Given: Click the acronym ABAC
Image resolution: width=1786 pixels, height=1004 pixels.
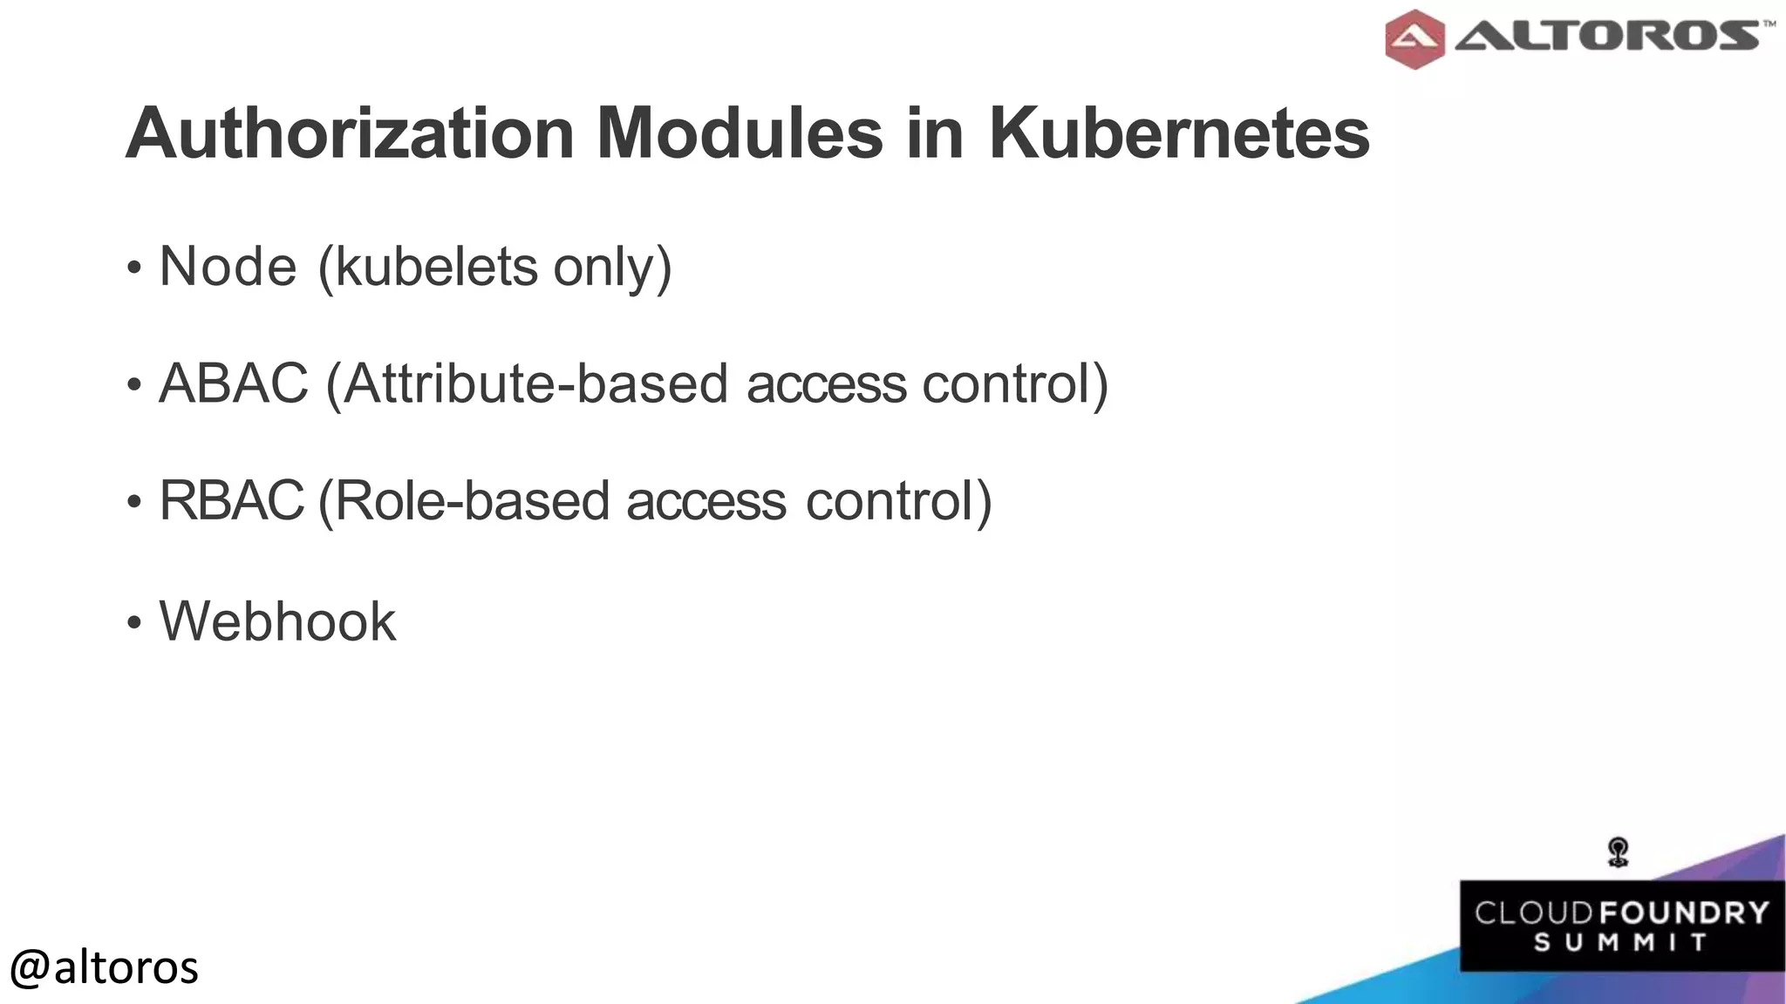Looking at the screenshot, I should tap(234, 383).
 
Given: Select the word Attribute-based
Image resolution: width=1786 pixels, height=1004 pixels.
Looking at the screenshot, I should tap(535, 383).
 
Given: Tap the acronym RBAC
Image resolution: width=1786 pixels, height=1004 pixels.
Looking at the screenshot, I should tap(231, 500).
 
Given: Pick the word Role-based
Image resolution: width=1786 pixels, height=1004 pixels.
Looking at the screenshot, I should tap(471, 500).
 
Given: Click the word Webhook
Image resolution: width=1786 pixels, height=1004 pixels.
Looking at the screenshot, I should tap(277, 621).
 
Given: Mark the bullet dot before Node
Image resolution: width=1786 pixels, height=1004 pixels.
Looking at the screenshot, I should tap(133, 268).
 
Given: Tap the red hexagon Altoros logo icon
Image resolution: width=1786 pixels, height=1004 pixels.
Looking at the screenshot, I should tap(1414, 38).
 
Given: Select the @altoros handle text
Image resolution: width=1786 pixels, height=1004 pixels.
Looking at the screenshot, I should tap(104, 967).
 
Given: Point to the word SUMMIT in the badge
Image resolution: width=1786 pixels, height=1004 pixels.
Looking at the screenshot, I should tap(1620, 943).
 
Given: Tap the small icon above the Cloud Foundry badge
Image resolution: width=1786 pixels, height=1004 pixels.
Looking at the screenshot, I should tap(1619, 851).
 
